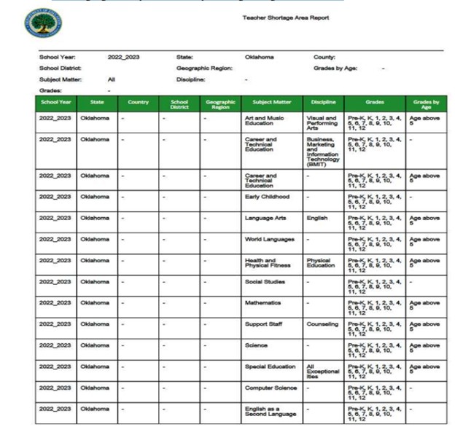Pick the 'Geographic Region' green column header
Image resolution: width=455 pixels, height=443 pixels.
pos(220,104)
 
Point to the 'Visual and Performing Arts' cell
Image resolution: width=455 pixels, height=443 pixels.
pos(321,122)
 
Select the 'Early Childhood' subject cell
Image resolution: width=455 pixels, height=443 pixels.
pos(267,197)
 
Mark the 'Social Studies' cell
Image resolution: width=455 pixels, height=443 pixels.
pos(265,281)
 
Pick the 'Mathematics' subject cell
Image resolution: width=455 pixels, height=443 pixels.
pos(263,302)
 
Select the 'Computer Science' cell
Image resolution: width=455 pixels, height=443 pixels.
pos(271,388)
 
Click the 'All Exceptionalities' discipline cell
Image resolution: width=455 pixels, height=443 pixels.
pos(322,371)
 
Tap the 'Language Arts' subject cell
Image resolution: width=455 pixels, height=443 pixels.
pos(265,218)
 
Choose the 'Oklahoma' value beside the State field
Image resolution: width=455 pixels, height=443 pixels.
pos(259,56)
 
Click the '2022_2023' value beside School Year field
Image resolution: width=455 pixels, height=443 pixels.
pos(125,56)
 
